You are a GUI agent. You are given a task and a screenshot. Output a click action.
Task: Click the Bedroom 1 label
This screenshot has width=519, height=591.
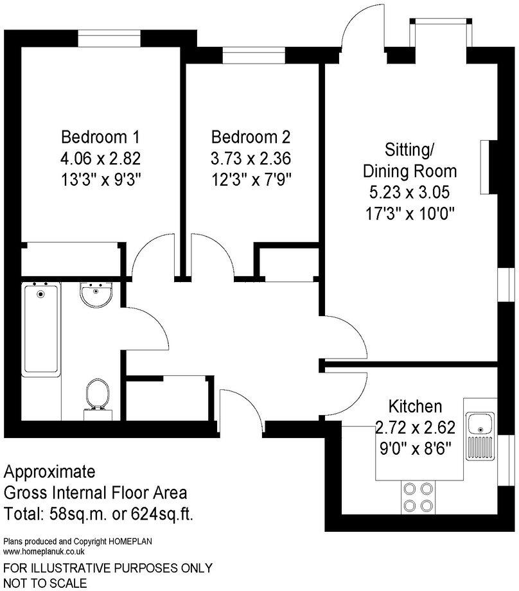point(100,137)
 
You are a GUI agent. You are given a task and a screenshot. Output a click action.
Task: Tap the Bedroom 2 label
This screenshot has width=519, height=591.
point(251,137)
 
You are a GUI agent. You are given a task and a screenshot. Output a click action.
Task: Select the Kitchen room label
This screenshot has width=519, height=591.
point(415,406)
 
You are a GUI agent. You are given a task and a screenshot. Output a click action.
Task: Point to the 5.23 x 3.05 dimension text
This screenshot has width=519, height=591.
point(410,192)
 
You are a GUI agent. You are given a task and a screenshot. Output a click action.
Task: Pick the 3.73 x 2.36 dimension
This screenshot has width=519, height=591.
point(251,158)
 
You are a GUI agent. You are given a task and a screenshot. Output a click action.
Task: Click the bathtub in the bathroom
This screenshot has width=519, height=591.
point(42,331)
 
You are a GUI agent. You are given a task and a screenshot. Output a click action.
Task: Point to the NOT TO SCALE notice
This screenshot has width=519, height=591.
point(46,583)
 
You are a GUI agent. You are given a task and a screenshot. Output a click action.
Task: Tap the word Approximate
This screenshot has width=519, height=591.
point(49,472)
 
